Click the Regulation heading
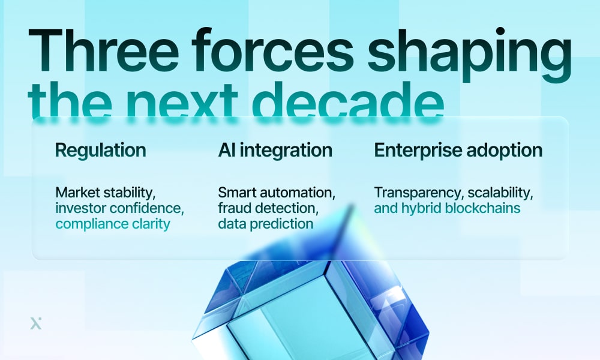click(x=100, y=150)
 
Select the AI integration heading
click(x=275, y=150)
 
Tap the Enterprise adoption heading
click(x=458, y=150)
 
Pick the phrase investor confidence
click(x=119, y=208)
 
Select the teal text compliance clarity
click(x=113, y=224)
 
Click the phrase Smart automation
click(x=277, y=193)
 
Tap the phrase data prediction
click(x=265, y=224)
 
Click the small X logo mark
click(x=36, y=323)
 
